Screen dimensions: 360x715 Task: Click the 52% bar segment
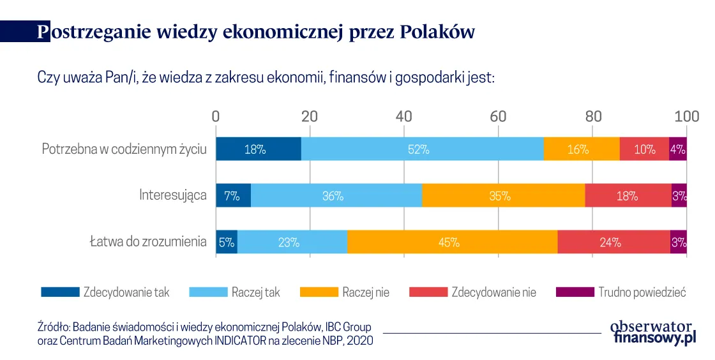[421, 149]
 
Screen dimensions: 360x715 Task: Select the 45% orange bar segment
[452, 242]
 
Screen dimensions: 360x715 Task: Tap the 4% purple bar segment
[677, 149]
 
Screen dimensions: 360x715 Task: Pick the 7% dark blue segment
[233, 196]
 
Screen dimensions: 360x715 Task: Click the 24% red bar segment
[613, 242]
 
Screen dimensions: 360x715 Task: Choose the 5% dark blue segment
[227, 242]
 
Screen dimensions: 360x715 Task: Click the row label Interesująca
[172, 195]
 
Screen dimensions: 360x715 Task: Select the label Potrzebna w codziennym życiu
[124, 149]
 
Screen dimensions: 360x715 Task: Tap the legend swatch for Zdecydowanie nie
[427, 292]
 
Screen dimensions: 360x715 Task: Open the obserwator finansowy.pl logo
[652, 331]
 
